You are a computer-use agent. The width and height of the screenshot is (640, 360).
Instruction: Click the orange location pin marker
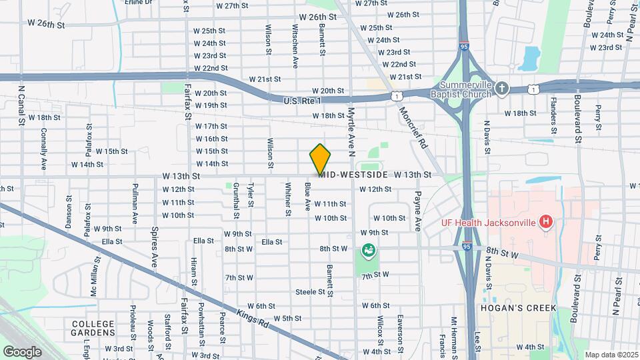[320, 159]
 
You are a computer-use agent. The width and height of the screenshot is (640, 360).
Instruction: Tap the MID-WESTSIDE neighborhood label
[354, 175]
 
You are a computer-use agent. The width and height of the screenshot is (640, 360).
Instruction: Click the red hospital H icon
[546, 221]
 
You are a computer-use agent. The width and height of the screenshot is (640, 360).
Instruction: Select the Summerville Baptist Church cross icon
[502, 88]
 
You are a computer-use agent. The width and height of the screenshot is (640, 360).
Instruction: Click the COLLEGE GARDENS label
[94, 327]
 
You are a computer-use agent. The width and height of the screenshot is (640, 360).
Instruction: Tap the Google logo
[22, 351]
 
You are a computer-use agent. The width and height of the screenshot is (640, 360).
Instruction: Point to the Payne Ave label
[418, 211]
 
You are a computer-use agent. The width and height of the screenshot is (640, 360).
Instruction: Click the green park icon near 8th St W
[367, 251]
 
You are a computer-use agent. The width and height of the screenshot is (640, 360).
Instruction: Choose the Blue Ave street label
[308, 197]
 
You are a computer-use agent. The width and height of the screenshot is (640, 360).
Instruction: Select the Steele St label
[314, 292]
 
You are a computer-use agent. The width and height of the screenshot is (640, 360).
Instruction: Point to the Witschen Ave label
[295, 47]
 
